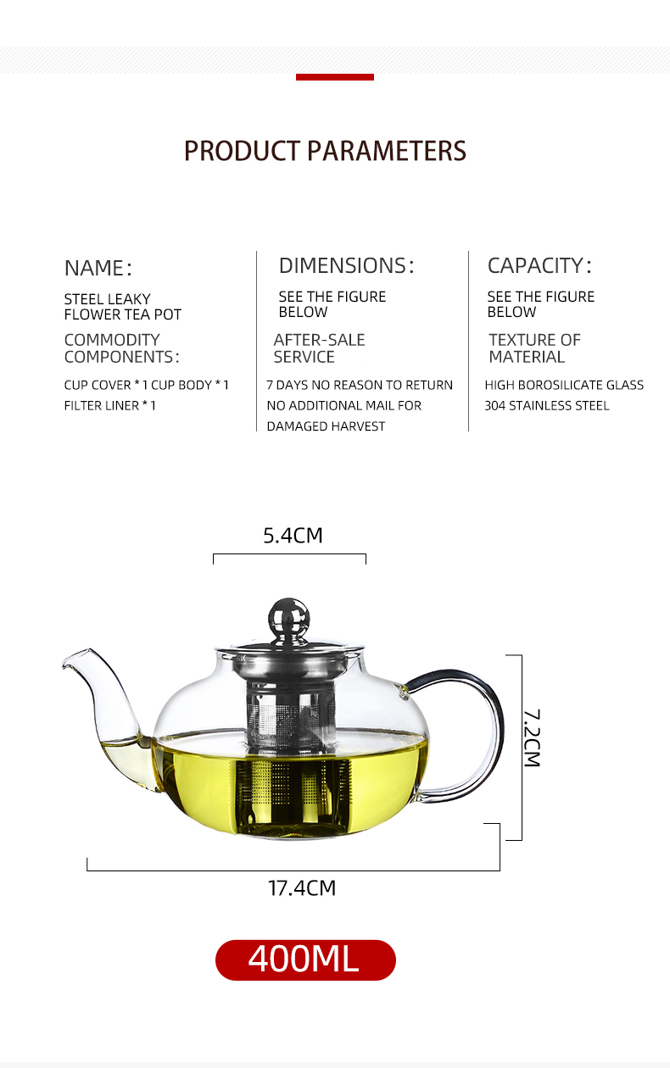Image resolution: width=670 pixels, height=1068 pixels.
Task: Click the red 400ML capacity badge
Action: [305, 960]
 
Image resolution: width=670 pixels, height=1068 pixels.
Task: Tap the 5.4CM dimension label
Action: [293, 536]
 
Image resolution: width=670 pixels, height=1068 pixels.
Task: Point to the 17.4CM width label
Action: [302, 888]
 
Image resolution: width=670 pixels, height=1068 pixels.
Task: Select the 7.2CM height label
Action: [532, 738]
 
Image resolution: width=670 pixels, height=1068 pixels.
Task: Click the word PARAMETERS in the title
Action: [387, 151]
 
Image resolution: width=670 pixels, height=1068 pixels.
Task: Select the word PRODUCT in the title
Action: [242, 151]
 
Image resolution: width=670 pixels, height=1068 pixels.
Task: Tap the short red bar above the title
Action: [334, 77]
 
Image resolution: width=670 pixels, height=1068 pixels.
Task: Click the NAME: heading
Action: [98, 268]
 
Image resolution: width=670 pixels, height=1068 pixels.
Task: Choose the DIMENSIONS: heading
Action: [347, 265]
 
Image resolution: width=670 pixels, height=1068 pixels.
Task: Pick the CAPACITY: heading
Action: [539, 265]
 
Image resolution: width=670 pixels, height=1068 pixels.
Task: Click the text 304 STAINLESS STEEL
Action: [547, 406]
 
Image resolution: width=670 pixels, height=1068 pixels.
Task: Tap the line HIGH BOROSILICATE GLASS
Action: [564, 385]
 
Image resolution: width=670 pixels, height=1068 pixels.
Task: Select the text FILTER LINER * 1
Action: [110, 406]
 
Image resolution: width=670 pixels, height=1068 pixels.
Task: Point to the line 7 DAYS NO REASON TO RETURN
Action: [360, 385]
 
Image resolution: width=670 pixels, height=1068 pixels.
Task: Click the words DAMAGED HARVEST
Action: [326, 426]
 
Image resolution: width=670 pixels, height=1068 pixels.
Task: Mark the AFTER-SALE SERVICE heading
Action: [319, 348]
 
